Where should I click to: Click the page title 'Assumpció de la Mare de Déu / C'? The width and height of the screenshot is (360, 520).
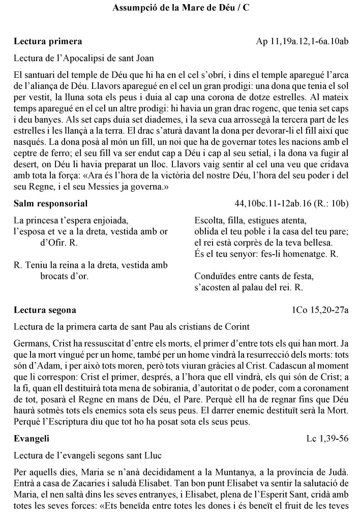pos(181,9)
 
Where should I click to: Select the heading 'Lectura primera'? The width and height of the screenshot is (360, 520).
pos(48,41)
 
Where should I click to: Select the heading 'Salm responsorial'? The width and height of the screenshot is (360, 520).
pos(50,204)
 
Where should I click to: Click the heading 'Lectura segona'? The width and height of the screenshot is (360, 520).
pos(45,310)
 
